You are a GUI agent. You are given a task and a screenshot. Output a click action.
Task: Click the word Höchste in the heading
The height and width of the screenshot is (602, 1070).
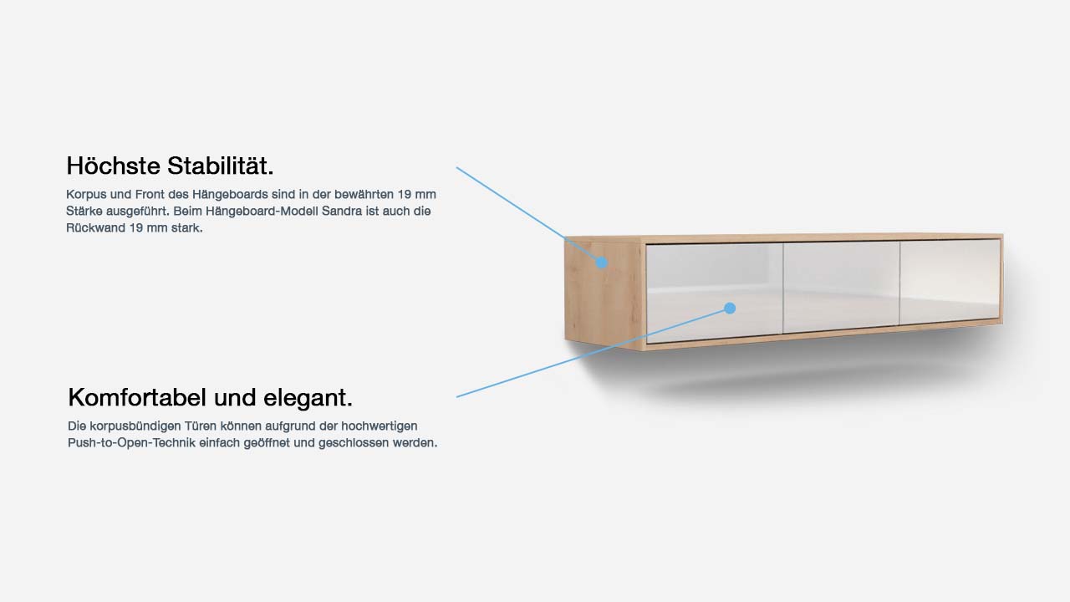113,166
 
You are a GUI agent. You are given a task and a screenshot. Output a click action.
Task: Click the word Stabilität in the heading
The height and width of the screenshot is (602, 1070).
220,166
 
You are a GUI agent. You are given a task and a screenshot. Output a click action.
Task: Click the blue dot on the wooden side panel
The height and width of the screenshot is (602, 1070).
601,263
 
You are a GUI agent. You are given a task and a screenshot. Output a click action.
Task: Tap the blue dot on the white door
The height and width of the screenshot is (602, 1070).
730,309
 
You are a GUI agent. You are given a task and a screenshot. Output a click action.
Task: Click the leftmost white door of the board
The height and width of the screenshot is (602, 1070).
715,293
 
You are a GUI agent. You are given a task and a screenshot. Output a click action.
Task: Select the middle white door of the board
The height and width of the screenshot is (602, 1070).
842,287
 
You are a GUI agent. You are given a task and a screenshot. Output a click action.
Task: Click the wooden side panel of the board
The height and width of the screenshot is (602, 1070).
604,293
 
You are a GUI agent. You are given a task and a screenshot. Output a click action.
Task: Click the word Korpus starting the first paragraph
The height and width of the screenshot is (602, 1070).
83,195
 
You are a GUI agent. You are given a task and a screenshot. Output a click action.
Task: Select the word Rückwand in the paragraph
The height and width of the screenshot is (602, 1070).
95,228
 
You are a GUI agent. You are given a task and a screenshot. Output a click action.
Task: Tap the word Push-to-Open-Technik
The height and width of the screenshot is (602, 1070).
131,443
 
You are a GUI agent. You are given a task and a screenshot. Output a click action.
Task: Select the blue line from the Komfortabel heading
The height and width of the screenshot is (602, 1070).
593,353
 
